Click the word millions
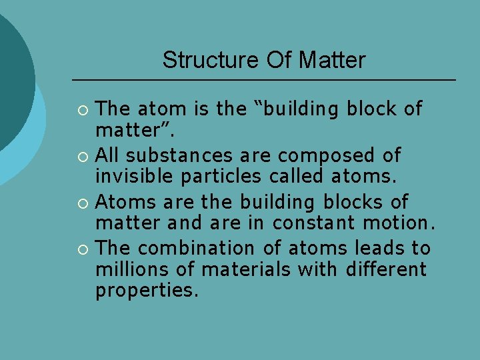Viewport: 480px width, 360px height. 130,270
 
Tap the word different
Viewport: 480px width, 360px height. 387,270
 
